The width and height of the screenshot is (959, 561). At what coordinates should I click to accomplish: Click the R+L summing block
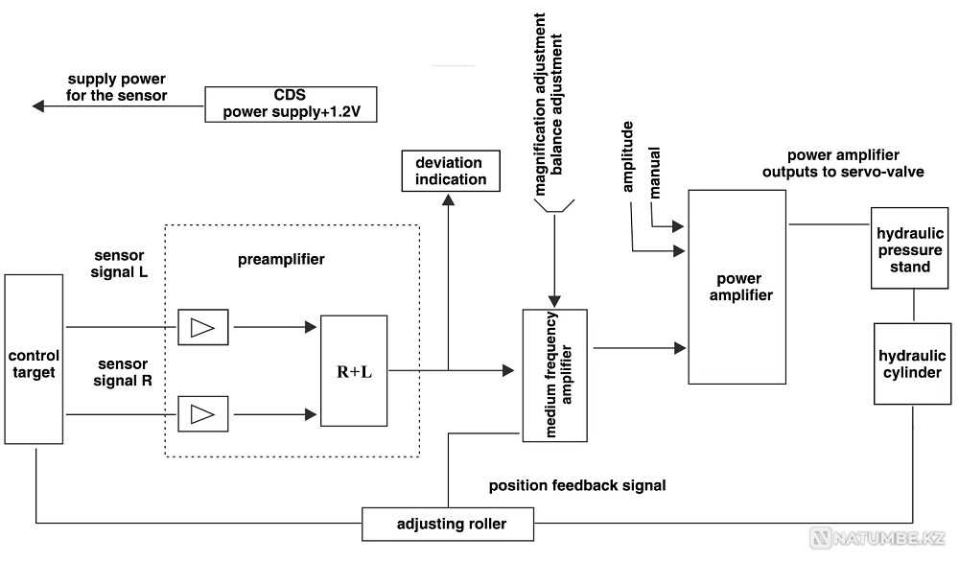coord(354,370)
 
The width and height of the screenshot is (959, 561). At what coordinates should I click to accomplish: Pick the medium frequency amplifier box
coord(554,375)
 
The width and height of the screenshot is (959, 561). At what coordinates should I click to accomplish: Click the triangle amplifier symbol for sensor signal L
coord(202,327)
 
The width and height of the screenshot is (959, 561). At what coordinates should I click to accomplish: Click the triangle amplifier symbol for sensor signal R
coord(202,415)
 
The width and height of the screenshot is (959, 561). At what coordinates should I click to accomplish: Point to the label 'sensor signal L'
coord(120,264)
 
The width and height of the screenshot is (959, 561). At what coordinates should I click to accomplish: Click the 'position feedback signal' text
coord(576,486)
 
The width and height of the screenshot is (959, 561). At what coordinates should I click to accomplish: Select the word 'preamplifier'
coord(281,260)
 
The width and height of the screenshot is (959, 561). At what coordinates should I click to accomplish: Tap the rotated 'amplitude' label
coord(629,158)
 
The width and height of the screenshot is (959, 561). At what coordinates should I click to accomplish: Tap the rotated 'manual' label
coord(656,174)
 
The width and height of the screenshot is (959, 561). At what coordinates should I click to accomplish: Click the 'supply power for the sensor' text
coord(117,87)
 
